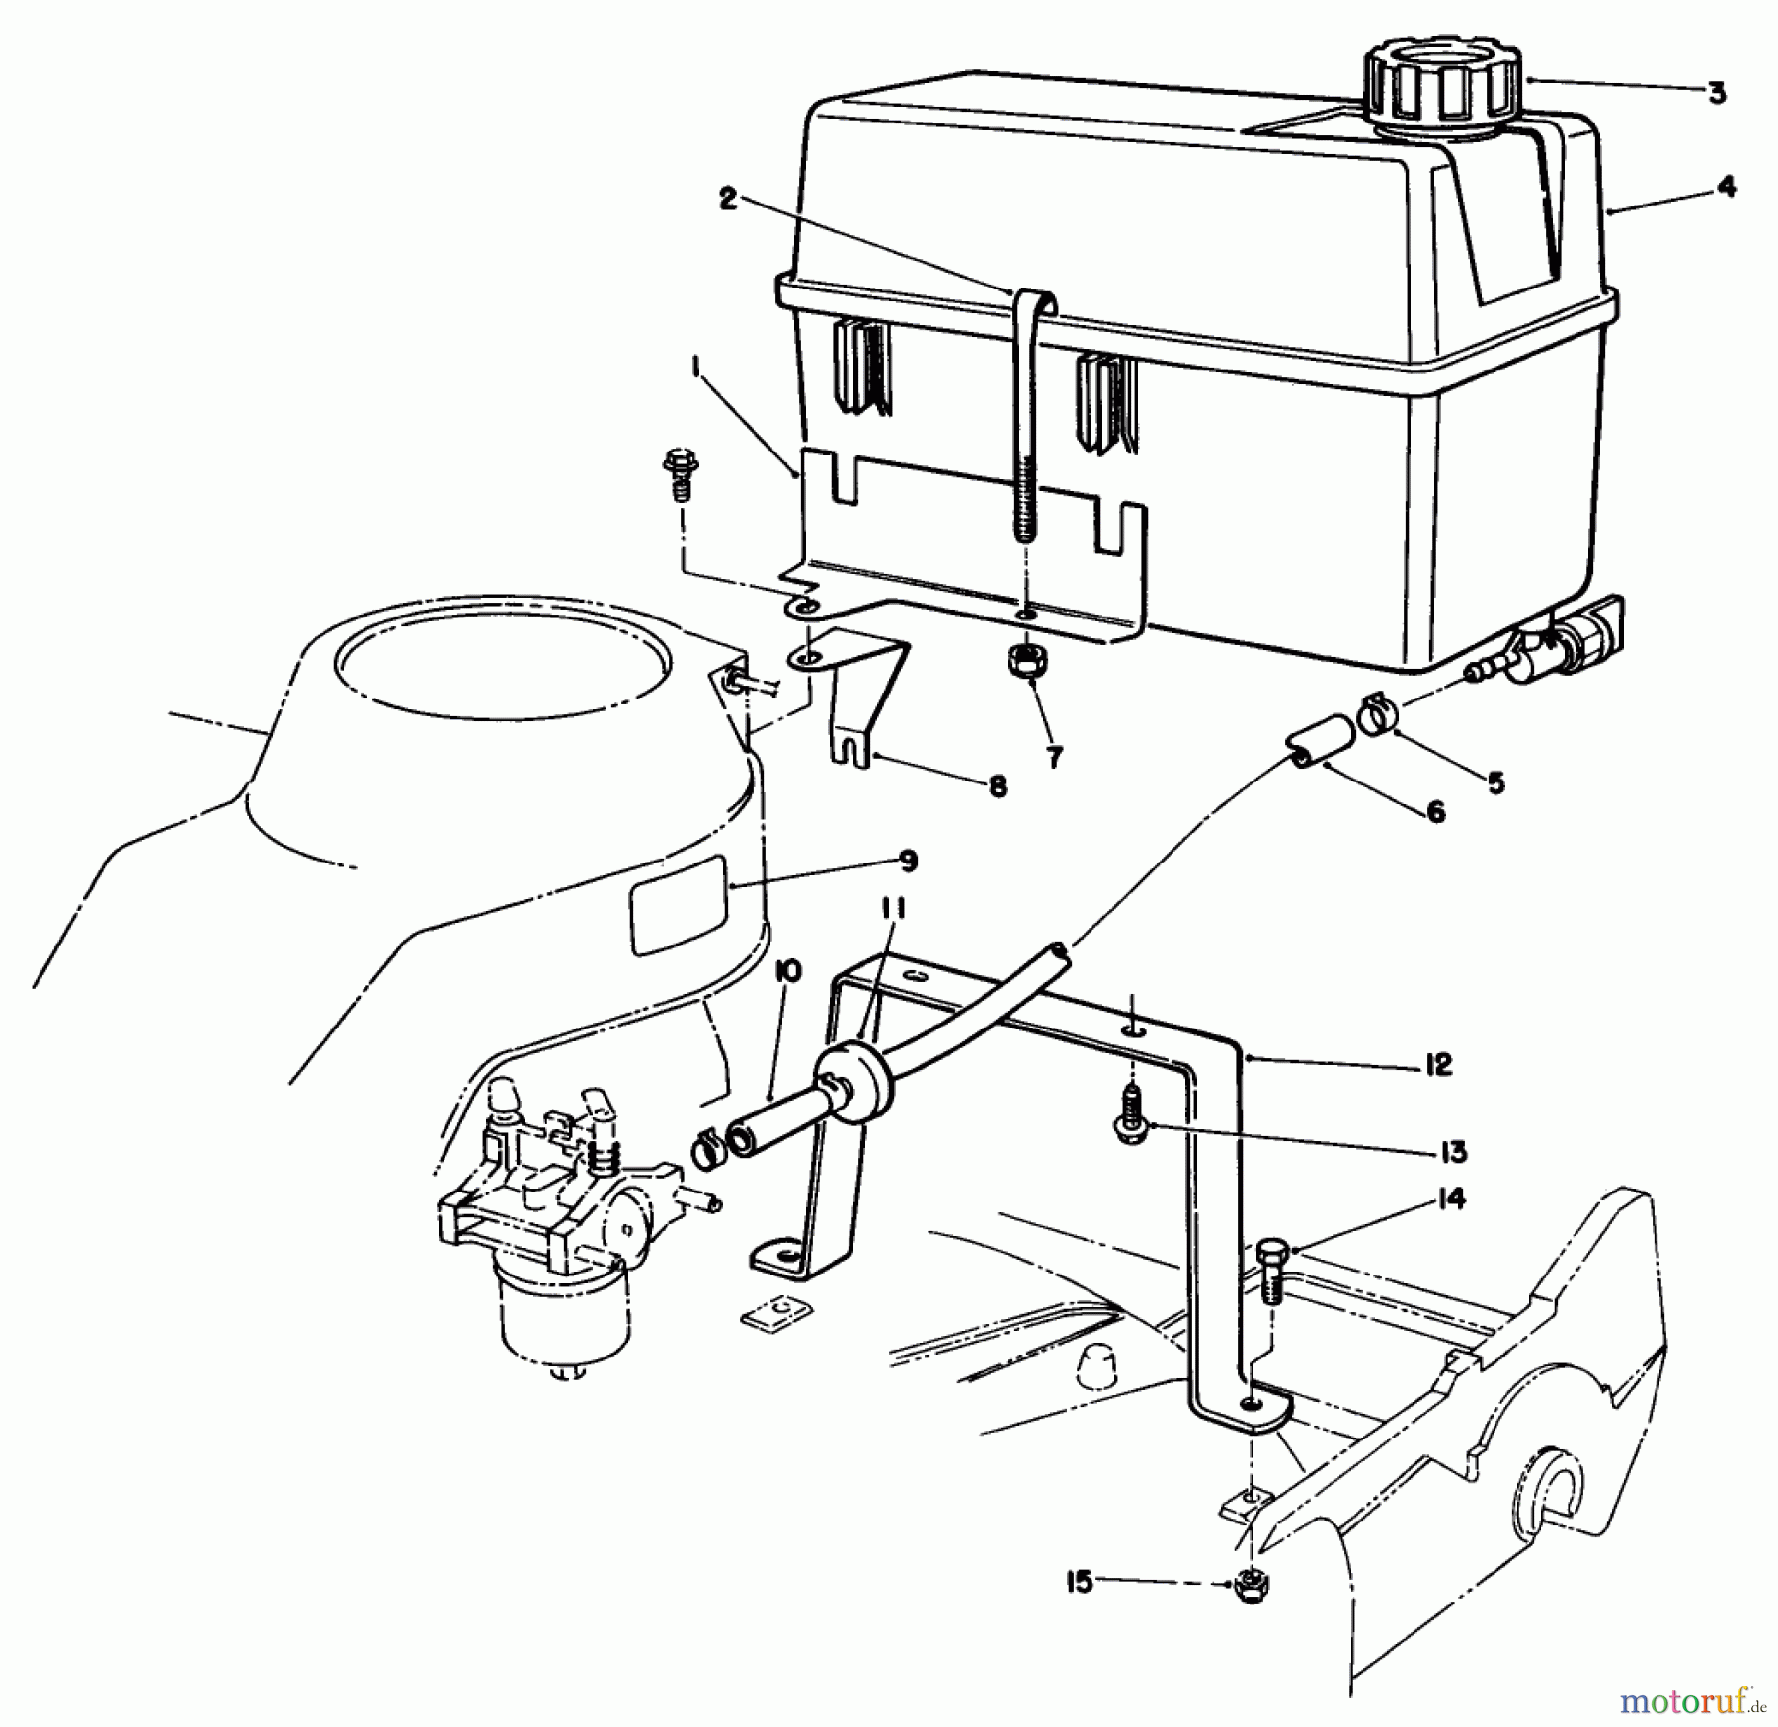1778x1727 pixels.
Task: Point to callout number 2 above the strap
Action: point(728,200)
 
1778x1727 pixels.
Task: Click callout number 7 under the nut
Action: point(1054,758)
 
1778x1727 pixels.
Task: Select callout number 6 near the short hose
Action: point(1435,812)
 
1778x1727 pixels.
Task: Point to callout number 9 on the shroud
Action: point(909,861)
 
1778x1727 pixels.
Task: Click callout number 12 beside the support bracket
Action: point(1438,1065)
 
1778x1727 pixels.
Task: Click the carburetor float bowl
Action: point(564,1319)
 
